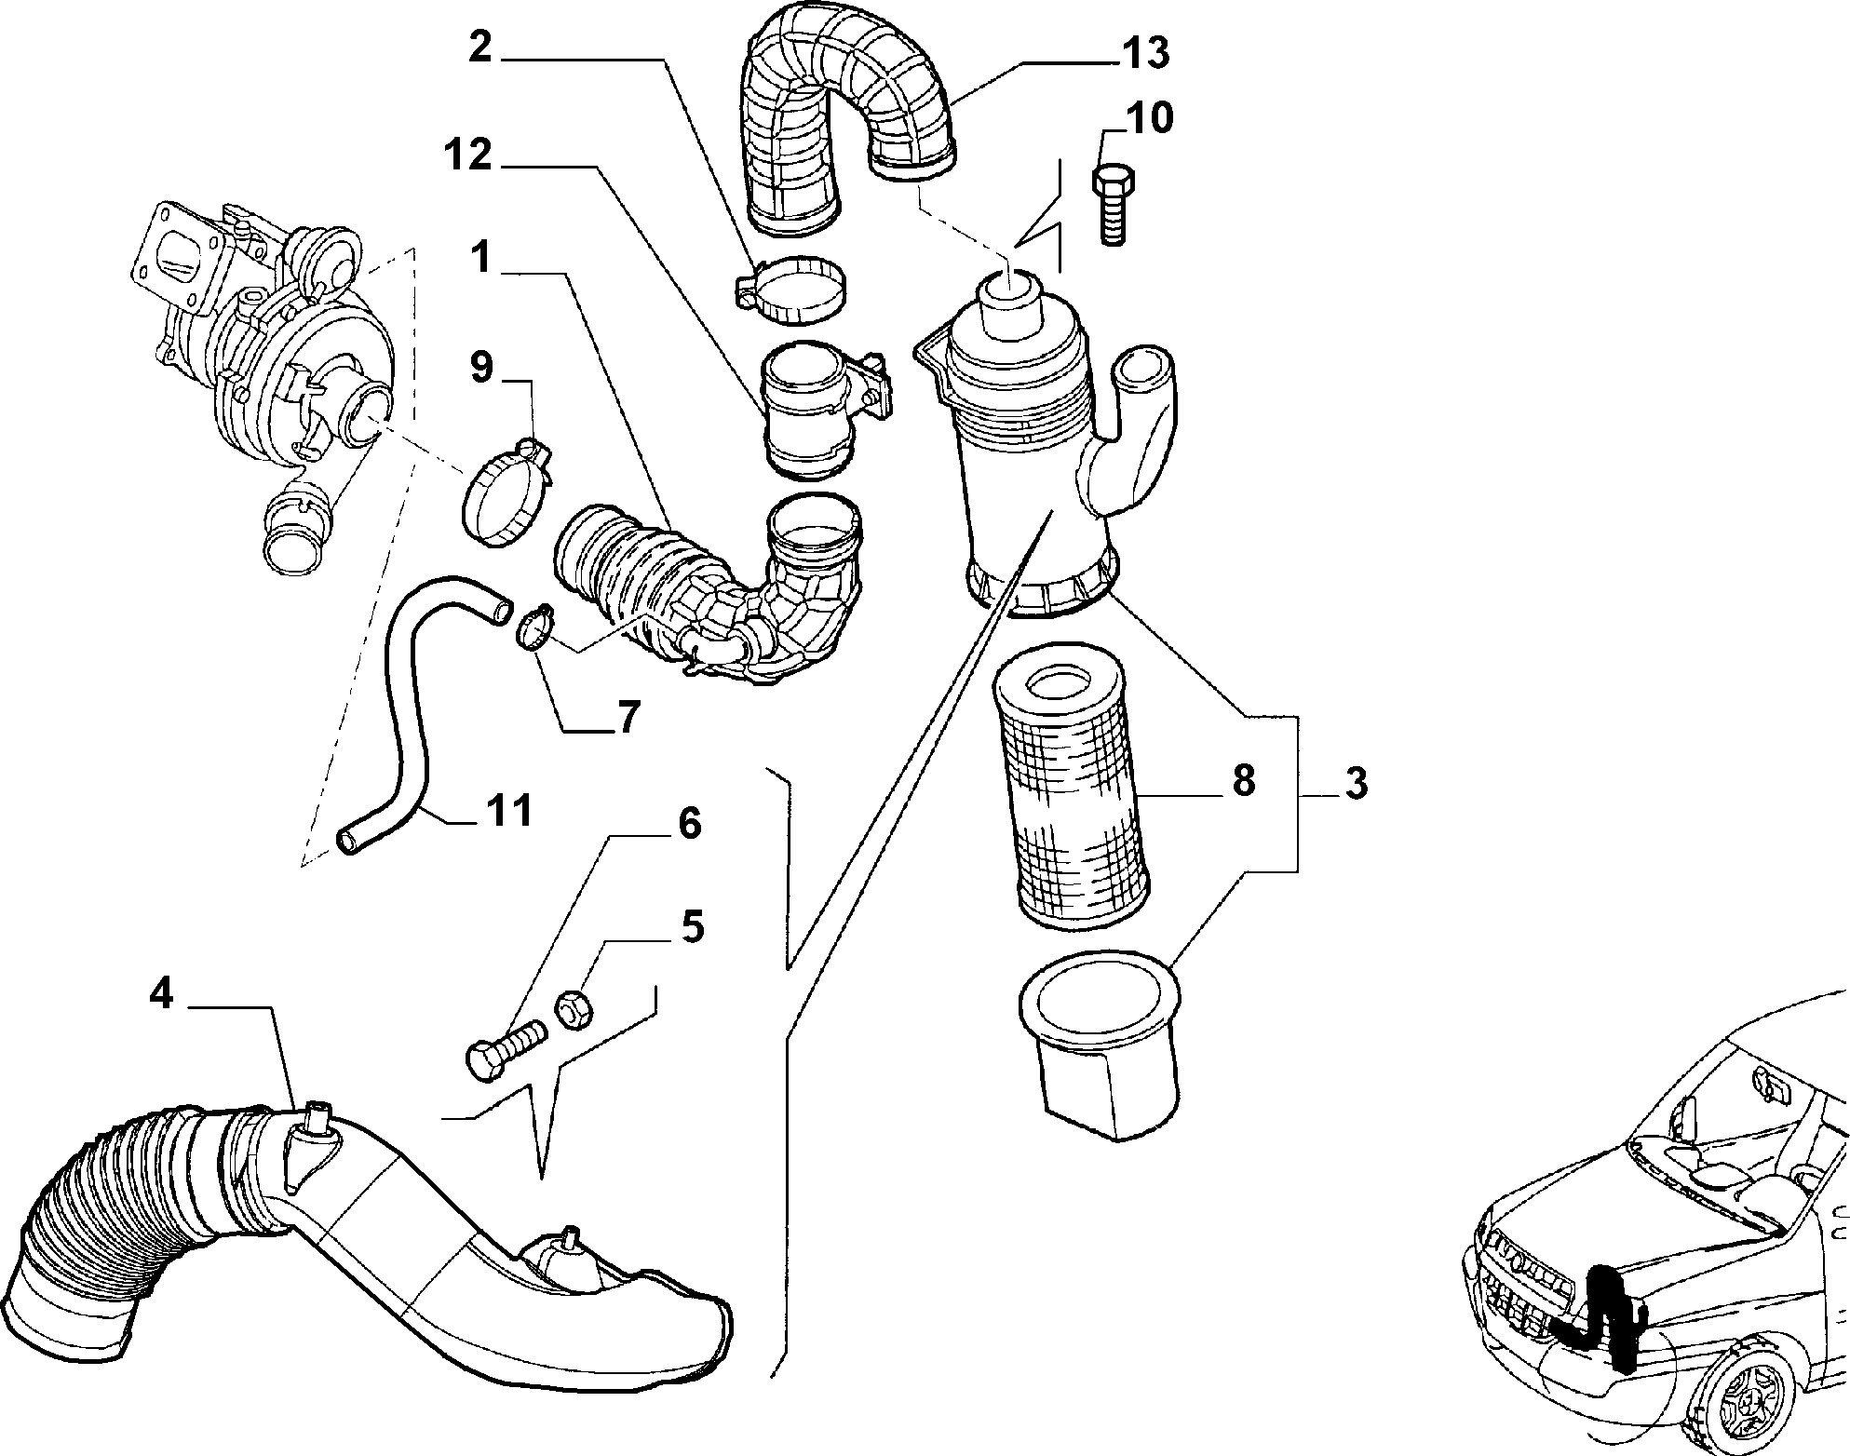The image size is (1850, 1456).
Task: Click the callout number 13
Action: (1144, 54)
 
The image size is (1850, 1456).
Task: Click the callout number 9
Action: (480, 368)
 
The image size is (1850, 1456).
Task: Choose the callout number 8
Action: (1243, 781)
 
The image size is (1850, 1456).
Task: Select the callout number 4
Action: (161, 994)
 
